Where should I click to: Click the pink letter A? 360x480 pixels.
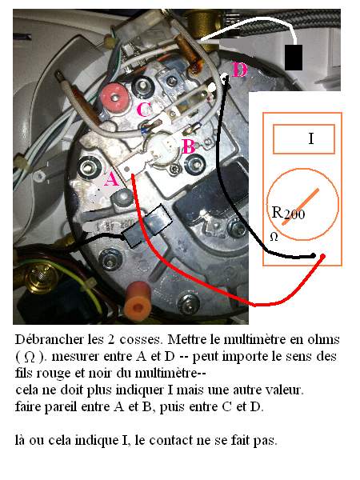click(111, 179)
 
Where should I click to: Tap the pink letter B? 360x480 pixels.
click(189, 146)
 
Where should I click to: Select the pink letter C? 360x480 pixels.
click(143, 110)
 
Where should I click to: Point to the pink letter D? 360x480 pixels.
click(239, 70)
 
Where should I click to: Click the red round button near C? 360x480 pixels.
click(114, 97)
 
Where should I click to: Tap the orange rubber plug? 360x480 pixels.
click(138, 302)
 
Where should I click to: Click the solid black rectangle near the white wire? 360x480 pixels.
click(294, 58)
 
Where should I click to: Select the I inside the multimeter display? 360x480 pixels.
click(311, 138)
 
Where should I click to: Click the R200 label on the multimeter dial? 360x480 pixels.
click(288, 213)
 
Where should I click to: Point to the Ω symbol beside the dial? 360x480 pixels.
click(274, 237)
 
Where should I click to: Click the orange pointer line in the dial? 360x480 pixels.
click(300, 207)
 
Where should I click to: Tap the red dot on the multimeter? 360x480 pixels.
click(322, 257)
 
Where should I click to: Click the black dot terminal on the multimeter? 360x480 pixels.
click(313, 256)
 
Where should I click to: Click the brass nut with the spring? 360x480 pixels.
click(42, 277)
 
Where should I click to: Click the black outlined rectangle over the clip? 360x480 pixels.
click(147, 226)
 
